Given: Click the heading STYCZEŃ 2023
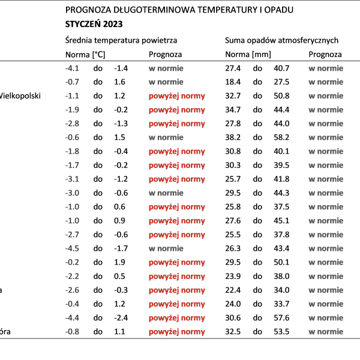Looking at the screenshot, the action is (94, 24).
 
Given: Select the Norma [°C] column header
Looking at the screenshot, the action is (85, 55).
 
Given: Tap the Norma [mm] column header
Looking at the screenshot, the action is (248, 55).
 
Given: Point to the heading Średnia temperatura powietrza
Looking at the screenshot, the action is (121, 40).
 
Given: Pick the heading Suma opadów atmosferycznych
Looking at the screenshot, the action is (282, 40).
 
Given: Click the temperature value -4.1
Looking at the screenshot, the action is (72, 68).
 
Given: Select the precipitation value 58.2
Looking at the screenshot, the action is (281, 137).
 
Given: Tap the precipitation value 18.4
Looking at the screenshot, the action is (233, 82).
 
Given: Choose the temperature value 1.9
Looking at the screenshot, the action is (119, 262).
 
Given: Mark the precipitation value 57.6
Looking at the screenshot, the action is (281, 318).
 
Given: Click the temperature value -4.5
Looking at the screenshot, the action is (72, 248).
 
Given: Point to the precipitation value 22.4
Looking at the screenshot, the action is (233, 290).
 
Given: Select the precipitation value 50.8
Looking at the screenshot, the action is (281, 96).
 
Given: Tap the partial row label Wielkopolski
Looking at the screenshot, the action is (20, 96).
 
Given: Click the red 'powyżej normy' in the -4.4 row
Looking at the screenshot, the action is (177, 318).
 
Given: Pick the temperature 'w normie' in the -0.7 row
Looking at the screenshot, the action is (166, 82).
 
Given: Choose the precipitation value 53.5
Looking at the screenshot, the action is (281, 332).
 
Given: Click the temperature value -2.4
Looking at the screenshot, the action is (121, 318).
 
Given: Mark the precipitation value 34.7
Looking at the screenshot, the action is (233, 110).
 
